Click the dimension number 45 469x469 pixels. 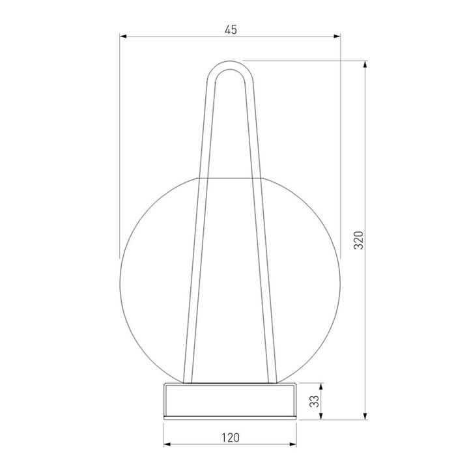[231, 30]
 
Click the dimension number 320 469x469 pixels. [358, 240]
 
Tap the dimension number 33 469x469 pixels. [315, 401]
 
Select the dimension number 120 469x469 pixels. [231, 438]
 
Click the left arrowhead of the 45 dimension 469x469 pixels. [123, 36]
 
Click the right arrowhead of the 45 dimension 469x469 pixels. [337, 36]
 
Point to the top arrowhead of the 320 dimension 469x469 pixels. [365, 64]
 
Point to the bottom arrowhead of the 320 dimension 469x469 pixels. [365, 416]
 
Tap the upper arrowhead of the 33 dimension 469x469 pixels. [321, 387]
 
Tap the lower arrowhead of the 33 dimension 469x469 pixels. [321, 416]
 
